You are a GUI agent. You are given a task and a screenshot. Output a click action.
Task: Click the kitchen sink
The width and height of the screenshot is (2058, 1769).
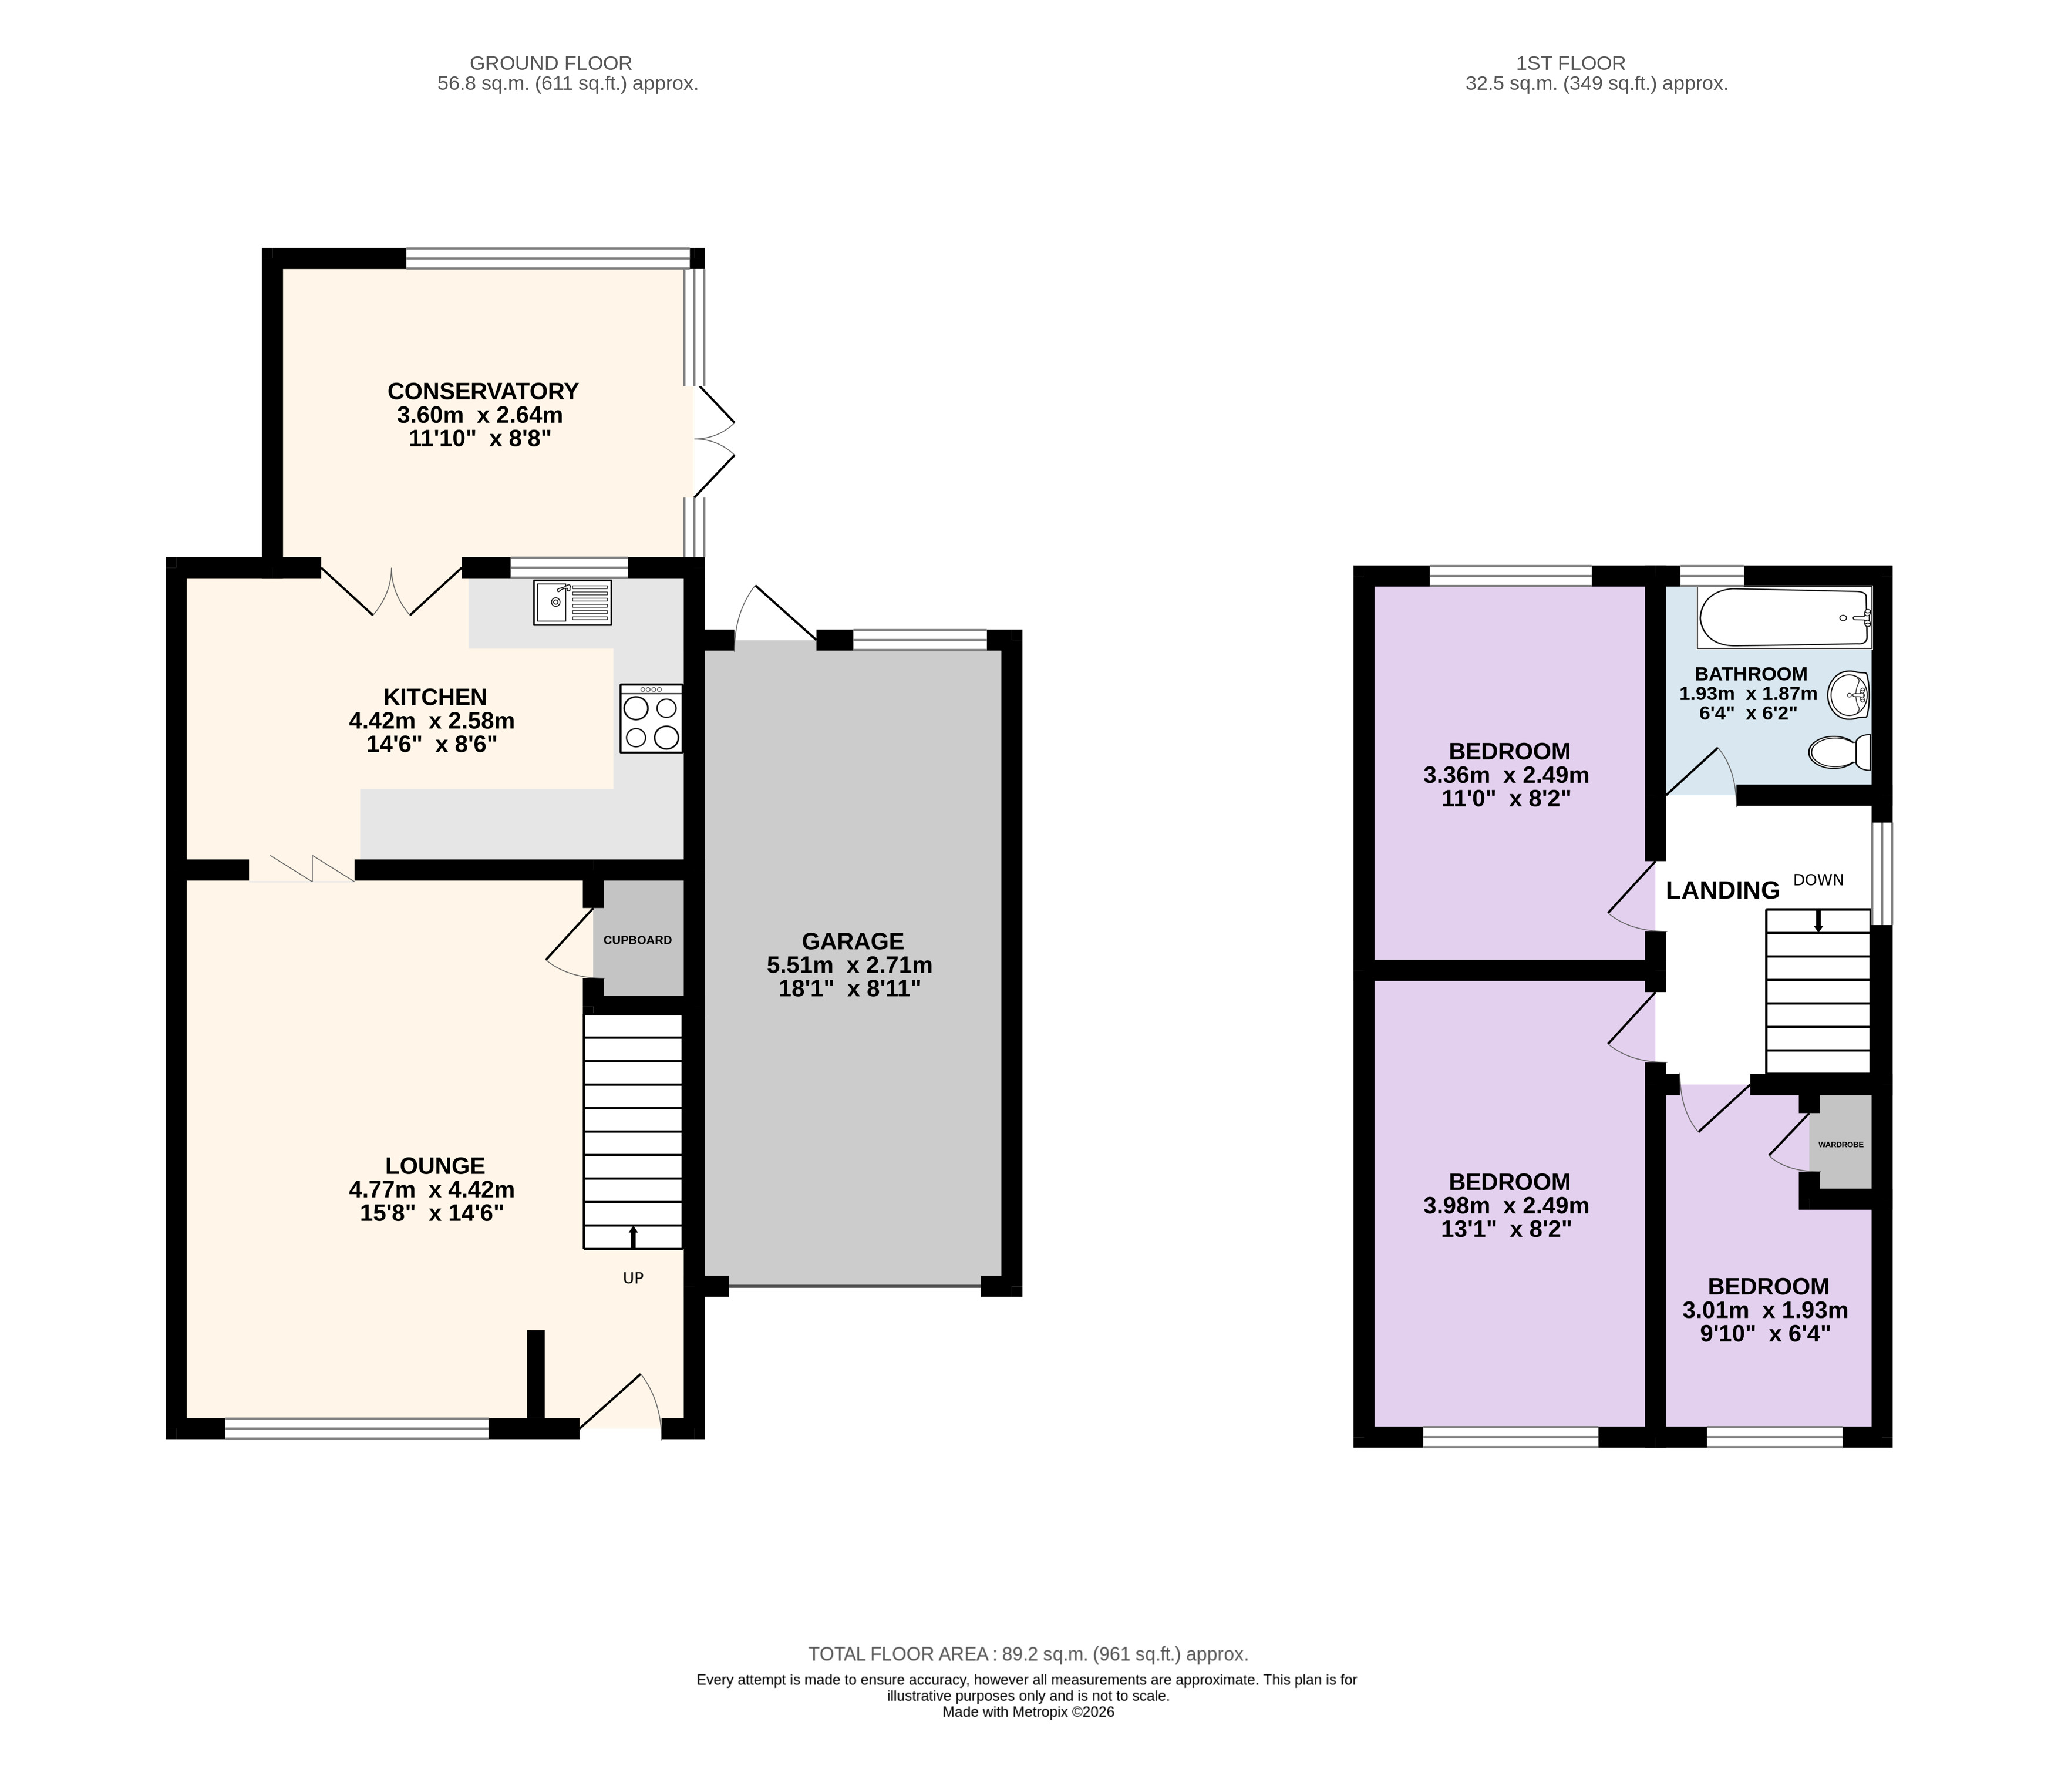coord(572,602)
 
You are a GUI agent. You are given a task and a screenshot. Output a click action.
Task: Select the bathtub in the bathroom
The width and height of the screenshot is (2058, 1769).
coord(1784,617)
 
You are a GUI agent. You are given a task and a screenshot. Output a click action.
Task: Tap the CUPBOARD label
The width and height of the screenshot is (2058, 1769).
coord(638,940)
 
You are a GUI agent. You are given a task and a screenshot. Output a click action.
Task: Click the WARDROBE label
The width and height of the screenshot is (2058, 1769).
coord(1841,1144)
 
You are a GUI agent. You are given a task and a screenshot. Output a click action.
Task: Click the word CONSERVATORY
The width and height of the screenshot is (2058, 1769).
coord(483,391)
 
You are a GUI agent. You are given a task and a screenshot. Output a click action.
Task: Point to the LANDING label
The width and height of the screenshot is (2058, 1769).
coord(1722,890)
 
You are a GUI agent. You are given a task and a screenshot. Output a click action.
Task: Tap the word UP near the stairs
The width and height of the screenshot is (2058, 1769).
coord(633,1279)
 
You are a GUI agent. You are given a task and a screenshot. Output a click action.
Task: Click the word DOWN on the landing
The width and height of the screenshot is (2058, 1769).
coord(1818,880)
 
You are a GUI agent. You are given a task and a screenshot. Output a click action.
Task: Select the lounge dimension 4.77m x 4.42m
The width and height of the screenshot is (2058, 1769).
coord(431,1189)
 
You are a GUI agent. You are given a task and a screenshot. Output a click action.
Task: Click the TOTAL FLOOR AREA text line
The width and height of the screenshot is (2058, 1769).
coord(1028,1654)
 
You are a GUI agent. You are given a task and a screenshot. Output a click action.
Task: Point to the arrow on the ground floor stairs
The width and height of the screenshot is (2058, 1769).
coord(633,1237)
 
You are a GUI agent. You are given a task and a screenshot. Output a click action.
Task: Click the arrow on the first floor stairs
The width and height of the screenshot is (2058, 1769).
coord(1818,921)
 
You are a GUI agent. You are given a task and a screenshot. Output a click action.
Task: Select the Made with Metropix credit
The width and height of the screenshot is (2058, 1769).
coord(1028,1711)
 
